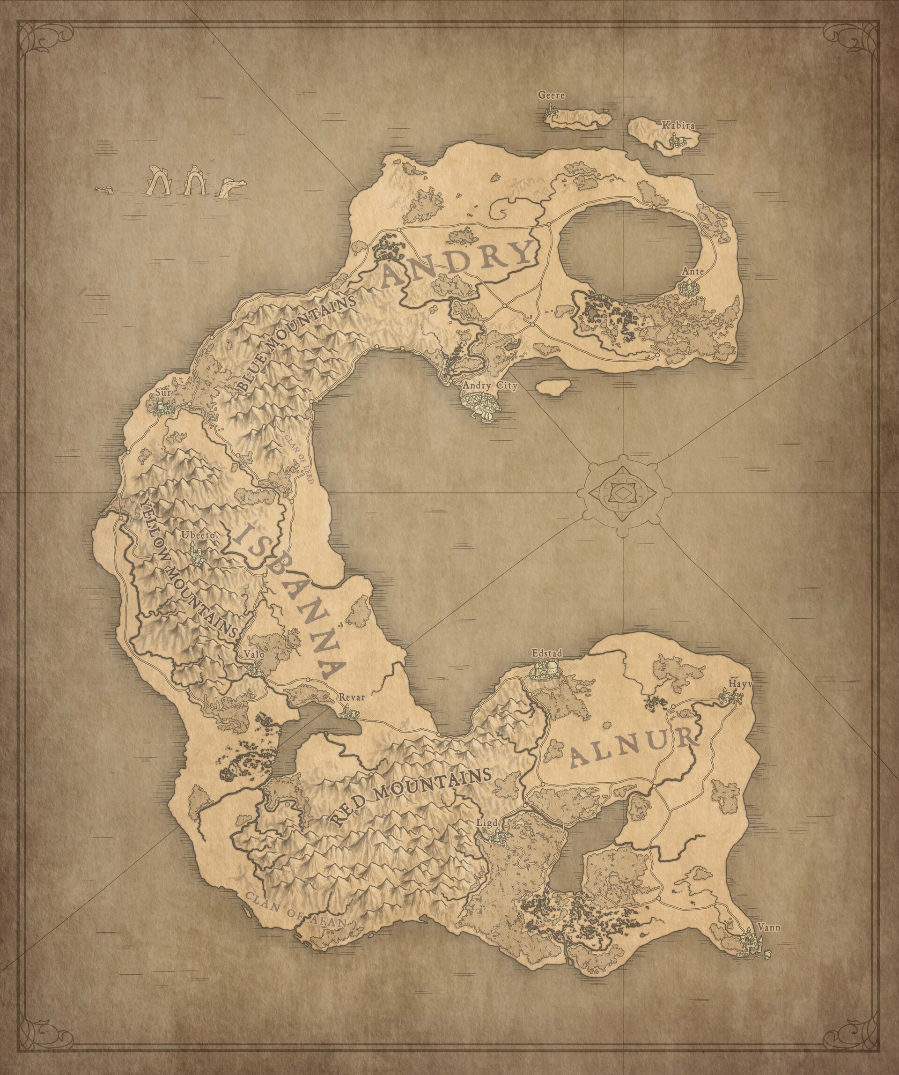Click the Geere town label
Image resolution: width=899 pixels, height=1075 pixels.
(x=551, y=95)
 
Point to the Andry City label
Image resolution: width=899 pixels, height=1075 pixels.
(x=490, y=386)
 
